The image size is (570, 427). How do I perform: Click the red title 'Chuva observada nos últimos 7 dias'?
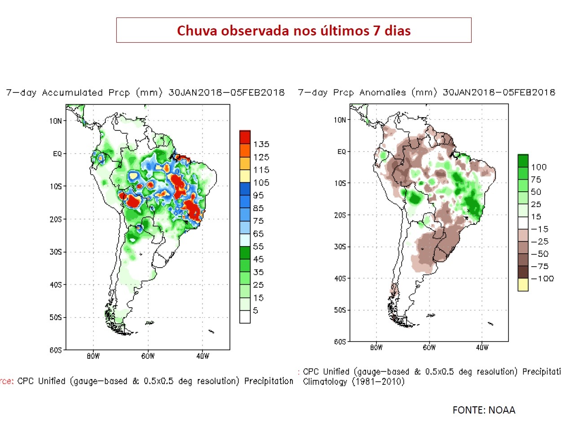click(294, 31)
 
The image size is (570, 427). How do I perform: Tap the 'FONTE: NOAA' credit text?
click(484, 410)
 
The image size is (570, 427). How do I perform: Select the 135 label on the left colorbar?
click(261, 144)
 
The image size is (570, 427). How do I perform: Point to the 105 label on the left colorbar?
click(261, 183)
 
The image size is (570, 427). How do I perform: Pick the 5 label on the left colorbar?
click(255, 311)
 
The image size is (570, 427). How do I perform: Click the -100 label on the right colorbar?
click(542, 279)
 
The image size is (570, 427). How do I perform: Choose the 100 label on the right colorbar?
click(539, 167)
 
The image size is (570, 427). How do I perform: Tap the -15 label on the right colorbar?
click(539, 229)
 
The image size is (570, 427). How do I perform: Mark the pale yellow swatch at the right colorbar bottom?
click(523, 285)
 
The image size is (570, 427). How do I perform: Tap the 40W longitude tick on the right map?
click(482, 348)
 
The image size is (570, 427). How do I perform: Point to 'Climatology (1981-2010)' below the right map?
click(354, 382)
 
